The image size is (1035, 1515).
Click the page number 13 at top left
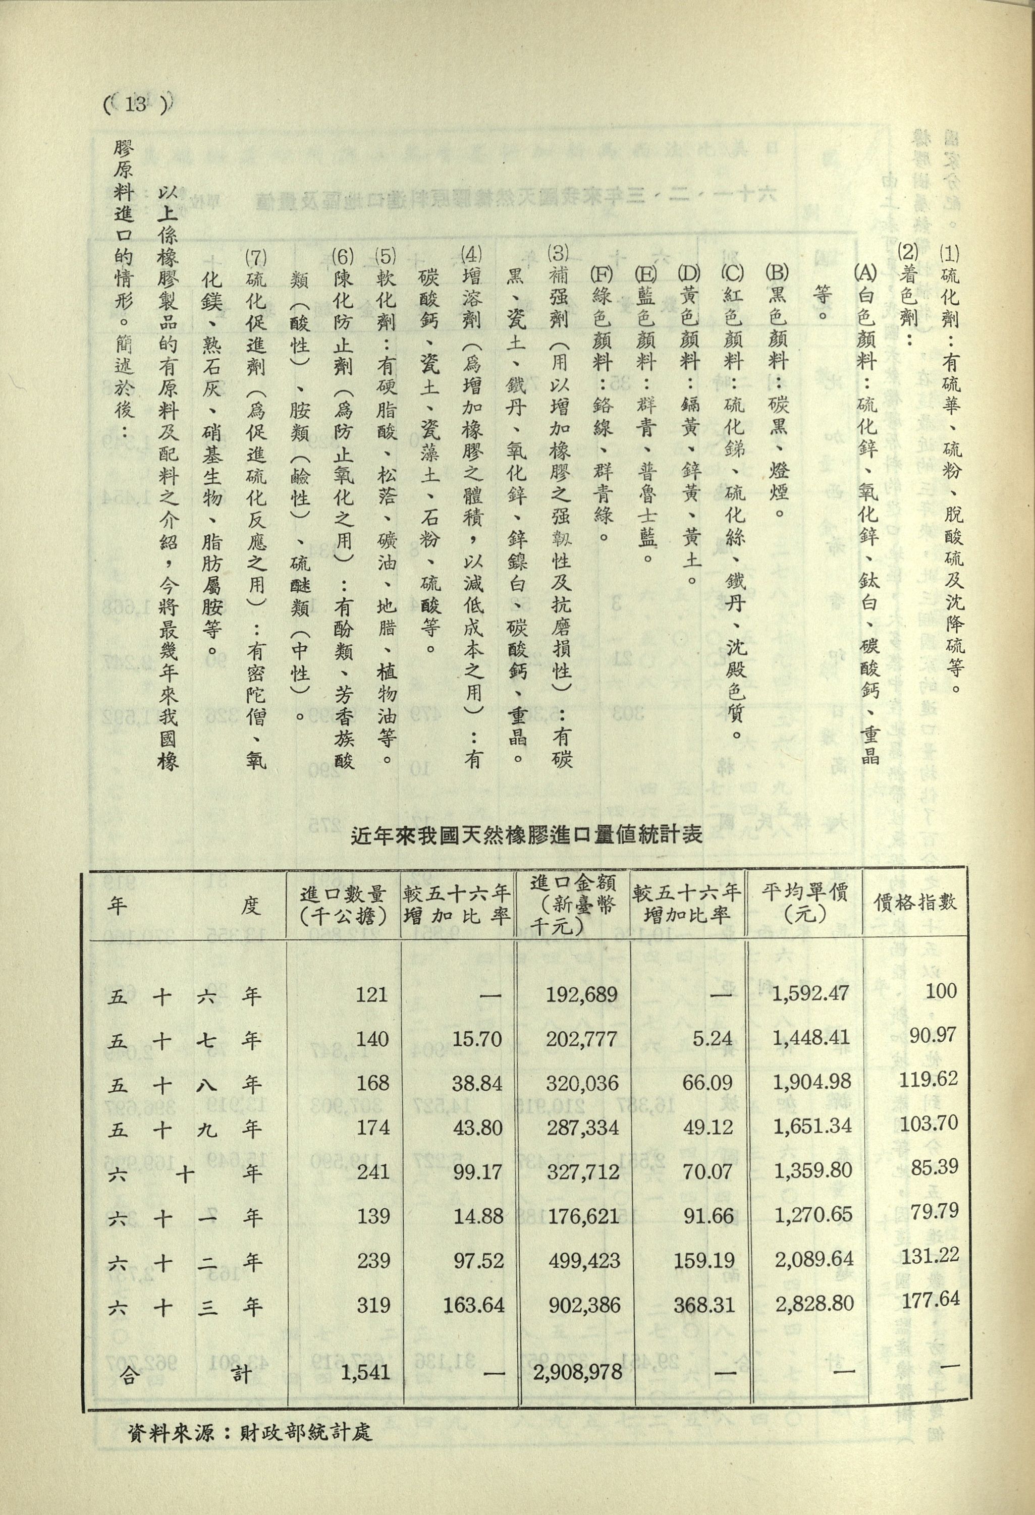(x=138, y=104)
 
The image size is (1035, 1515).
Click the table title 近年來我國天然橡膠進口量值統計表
(x=526, y=835)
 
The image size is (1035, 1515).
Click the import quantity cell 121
(x=372, y=995)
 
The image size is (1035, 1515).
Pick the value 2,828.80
(x=811, y=1305)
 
